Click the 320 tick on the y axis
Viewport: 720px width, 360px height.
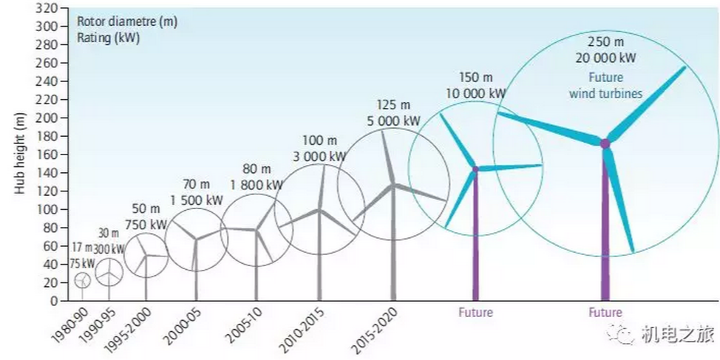click(x=47, y=8)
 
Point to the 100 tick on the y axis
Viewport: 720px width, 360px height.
click(x=47, y=209)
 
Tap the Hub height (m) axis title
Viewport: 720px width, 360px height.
click(x=21, y=154)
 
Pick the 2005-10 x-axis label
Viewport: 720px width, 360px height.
click(x=245, y=325)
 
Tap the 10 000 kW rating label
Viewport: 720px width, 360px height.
click(x=476, y=93)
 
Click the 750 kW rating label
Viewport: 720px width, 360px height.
click(x=145, y=224)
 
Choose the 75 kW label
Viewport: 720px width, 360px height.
click(x=83, y=262)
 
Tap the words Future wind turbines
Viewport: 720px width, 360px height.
click(x=606, y=85)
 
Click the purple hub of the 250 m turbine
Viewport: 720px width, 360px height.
click(x=605, y=143)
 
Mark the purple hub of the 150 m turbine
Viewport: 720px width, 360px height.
click(x=475, y=169)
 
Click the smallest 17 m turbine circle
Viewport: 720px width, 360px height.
click(x=83, y=280)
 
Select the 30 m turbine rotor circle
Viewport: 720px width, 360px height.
click(x=109, y=272)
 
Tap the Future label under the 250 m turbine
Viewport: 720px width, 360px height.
click(x=605, y=313)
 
